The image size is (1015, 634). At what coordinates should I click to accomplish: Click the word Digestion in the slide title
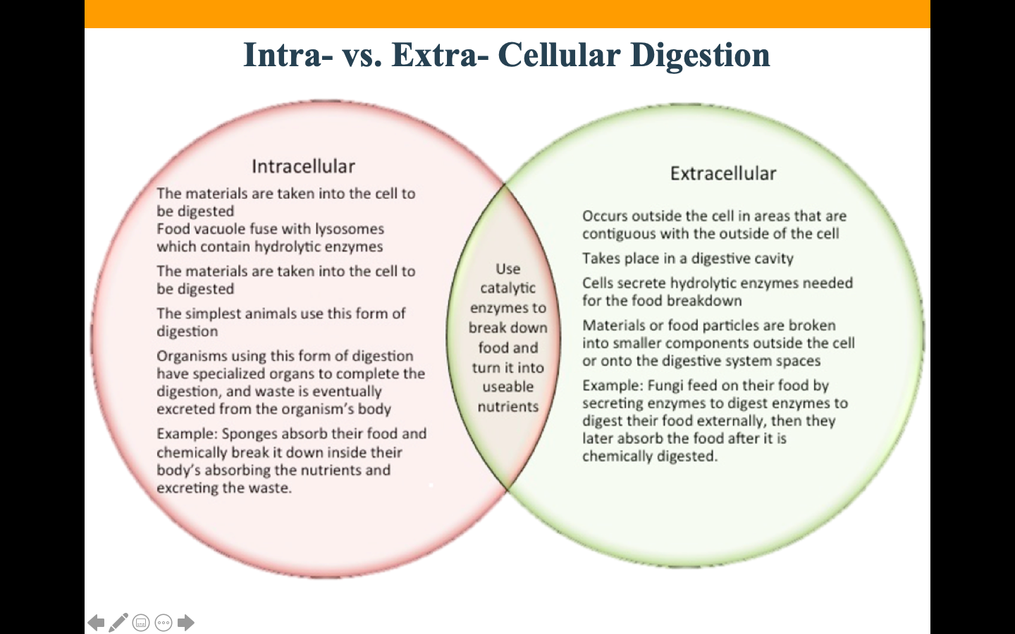pos(700,56)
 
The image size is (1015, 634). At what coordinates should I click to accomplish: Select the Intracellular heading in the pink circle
pos(303,167)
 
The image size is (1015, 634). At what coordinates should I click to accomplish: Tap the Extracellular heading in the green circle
pos(723,173)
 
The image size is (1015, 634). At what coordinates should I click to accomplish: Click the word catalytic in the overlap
pos(508,288)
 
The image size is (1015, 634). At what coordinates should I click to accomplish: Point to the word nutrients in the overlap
pos(508,406)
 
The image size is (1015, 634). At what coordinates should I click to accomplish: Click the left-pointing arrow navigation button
pos(96,623)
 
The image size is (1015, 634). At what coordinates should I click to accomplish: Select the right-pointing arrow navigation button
pos(186,623)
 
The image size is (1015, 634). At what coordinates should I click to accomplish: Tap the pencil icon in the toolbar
pos(118,623)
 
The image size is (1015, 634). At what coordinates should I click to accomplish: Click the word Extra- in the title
pos(440,55)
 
